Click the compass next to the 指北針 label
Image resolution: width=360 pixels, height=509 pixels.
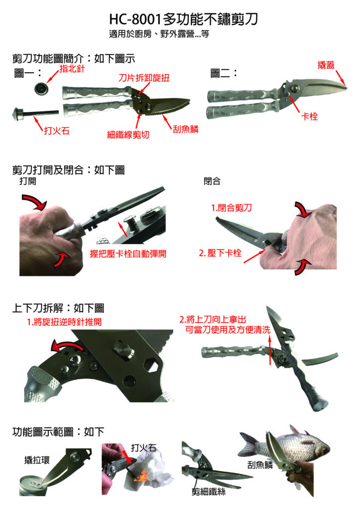coord(41,88)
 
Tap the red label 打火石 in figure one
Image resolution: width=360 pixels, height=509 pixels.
coord(57,131)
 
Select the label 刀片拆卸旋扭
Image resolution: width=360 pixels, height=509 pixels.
coord(144,78)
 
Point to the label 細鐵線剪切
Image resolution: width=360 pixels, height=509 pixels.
coord(128,134)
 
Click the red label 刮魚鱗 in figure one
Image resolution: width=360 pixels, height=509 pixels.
coord(185,129)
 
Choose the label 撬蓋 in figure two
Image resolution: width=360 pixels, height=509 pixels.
coord(326,65)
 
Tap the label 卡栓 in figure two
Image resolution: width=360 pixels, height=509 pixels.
coord(310,116)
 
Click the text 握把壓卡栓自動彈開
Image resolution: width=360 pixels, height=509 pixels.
coord(128,254)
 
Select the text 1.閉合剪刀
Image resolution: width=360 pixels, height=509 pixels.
coord(231,208)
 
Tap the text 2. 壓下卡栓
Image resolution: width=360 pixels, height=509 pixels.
coord(220,253)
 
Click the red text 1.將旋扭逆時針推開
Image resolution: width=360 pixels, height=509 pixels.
coord(64,322)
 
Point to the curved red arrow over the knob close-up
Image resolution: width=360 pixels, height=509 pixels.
coord(66,344)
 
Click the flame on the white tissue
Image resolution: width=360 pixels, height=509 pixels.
coord(142,477)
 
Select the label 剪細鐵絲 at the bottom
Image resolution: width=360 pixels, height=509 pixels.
coord(208,492)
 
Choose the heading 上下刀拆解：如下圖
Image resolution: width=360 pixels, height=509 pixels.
coord(59,308)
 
